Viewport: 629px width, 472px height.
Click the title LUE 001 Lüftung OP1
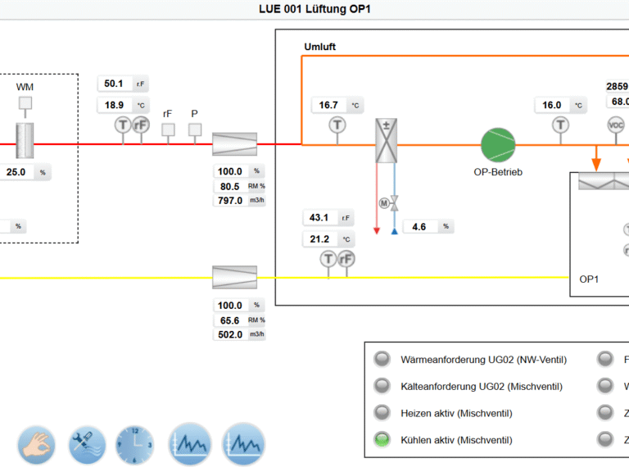pyautogui.click(x=315, y=9)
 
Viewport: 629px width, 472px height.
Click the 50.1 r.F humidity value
pyautogui.click(x=114, y=84)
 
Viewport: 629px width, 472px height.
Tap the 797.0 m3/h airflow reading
pyautogui.click(x=229, y=201)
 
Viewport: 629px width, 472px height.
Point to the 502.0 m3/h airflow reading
pyautogui.click(x=229, y=334)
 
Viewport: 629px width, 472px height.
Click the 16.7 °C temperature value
pyautogui.click(x=329, y=105)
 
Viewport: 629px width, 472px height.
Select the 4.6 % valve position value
pyautogui.click(x=419, y=227)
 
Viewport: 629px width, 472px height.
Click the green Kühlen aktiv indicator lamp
pyautogui.click(x=382, y=439)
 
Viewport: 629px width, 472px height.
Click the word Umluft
pyautogui.click(x=319, y=47)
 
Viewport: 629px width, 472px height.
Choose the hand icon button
pyautogui.click(x=37, y=445)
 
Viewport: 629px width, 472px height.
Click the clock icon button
pyautogui.click(x=135, y=445)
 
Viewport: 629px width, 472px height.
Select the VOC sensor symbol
pyautogui.click(x=616, y=125)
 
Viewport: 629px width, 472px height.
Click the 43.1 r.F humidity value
pyautogui.click(x=319, y=218)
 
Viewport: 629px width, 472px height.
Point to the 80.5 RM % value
pyautogui.click(x=229, y=186)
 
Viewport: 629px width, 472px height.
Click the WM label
pyautogui.click(x=25, y=87)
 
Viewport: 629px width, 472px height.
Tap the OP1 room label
pyautogui.click(x=590, y=279)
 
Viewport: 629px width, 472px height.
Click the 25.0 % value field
pyautogui.click(x=17, y=173)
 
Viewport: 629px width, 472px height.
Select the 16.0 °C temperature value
pyautogui.click(x=553, y=105)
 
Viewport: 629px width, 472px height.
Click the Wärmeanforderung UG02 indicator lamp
pyautogui.click(x=382, y=359)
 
